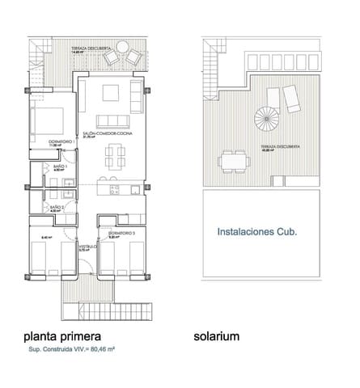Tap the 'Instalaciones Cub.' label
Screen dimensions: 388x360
(257, 231)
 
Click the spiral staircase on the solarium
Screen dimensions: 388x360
(264, 120)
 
